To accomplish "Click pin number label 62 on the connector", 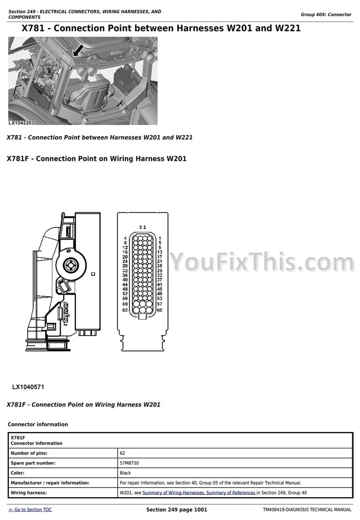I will [x=125, y=310].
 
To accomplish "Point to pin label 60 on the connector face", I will [x=159, y=310].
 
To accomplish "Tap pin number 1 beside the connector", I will [x=160, y=238].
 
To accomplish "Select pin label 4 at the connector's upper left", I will [x=125, y=238].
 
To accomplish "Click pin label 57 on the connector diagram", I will [x=159, y=304].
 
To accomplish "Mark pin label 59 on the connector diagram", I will [x=125, y=304].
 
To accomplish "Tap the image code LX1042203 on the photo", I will [x=21, y=124].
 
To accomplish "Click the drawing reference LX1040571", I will [x=29, y=387].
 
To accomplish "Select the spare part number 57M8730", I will [x=129, y=463].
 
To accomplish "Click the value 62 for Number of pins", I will [x=122, y=453].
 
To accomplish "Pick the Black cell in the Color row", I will [x=125, y=473].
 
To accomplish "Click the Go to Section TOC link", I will [x=30, y=510].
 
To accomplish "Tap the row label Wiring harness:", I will [x=29, y=493].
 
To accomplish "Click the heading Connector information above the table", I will [x=38, y=424].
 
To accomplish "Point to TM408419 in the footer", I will [x=275, y=510].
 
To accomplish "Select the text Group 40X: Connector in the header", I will [x=326, y=15].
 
